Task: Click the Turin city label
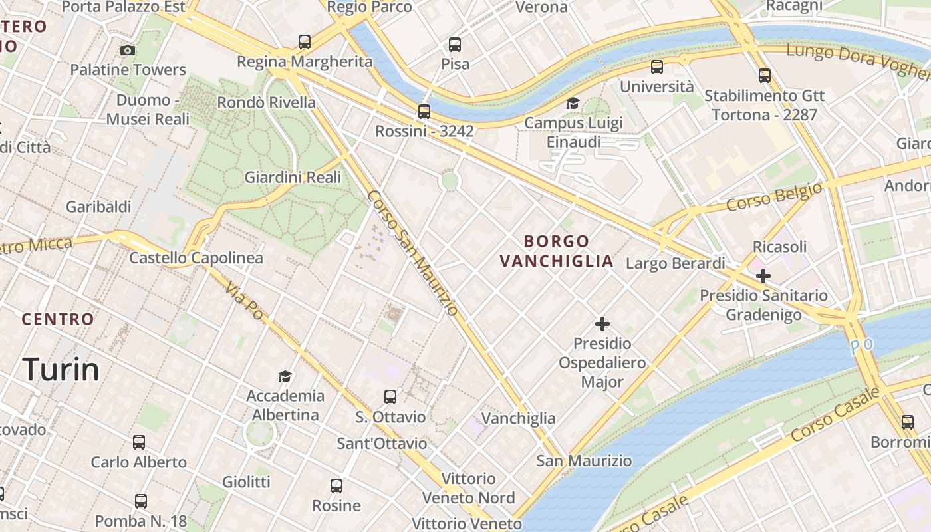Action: pos(61,369)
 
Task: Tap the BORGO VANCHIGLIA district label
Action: pos(557,251)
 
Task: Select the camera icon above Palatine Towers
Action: pos(128,50)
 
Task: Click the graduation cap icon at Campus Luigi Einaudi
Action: pos(573,103)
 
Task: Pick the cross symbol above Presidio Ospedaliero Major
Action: pos(602,324)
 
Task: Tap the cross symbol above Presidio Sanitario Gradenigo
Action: pos(763,275)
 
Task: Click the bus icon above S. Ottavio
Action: pos(390,397)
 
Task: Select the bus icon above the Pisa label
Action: pos(455,45)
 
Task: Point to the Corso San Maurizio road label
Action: pos(412,253)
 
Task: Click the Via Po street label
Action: pos(244,299)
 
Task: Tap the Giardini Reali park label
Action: pos(293,177)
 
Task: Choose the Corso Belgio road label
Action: pos(774,198)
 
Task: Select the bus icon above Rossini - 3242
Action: pos(424,111)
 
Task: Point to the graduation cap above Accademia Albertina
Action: pos(285,376)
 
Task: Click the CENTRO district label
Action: pos(58,319)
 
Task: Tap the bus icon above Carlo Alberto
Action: pos(139,442)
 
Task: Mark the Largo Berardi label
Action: pos(675,263)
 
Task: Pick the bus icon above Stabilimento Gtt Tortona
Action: pos(765,75)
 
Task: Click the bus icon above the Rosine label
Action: pos(336,486)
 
